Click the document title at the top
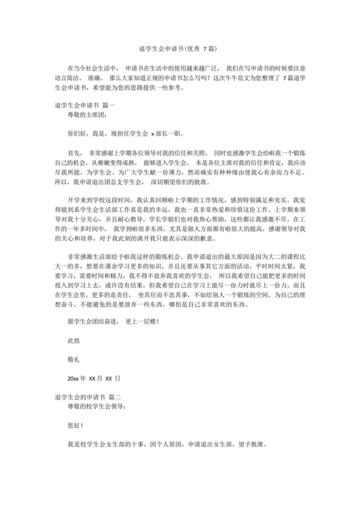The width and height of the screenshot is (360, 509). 179,49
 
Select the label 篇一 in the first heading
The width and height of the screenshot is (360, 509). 107,104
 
